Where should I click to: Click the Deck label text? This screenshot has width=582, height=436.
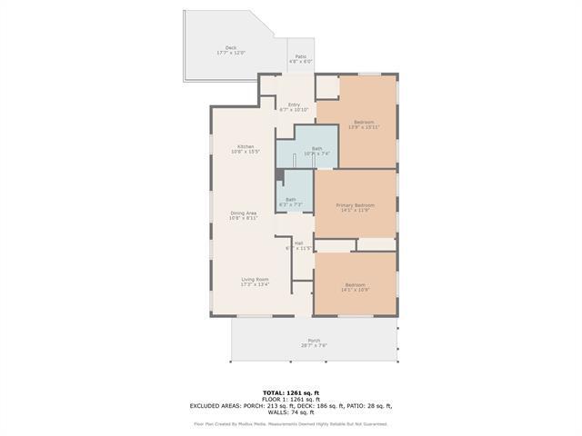pyautogui.click(x=230, y=47)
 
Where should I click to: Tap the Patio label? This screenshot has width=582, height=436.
pyautogui.click(x=300, y=56)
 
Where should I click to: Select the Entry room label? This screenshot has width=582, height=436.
pyautogui.click(x=294, y=104)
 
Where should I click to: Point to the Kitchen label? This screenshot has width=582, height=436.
pyautogui.click(x=246, y=146)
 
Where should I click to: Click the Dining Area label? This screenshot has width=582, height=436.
pyautogui.click(x=243, y=213)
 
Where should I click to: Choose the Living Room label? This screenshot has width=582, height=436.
pyautogui.click(x=255, y=279)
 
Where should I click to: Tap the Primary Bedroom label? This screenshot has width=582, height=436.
pyautogui.click(x=355, y=205)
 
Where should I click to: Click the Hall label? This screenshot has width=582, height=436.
pyautogui.click(x=298, y=243)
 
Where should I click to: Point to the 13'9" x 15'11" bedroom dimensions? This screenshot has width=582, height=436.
pyautogui.click(x=364, y=127)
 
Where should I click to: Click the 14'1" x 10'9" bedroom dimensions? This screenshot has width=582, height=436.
pyautogui.click(x=355, y=290)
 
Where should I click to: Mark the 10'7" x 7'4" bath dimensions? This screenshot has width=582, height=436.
pyautogui.click(x=316, y=154)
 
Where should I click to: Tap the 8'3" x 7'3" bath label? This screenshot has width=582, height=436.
pyautogui.click(x=290, y=200)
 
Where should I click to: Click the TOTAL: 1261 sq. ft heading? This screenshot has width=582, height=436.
pyautogui.click(x=290, y=392)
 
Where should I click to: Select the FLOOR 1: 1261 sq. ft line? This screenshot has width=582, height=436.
pyautogui.click(x=290, y=400)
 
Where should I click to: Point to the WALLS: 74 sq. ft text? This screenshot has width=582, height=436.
pyautogui.click(x=290, y=412)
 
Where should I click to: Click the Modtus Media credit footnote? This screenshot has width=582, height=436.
pyautogui.click(x=290, y=423)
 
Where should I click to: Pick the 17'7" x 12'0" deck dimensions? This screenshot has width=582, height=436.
pyautogui.click(x=230, y=53)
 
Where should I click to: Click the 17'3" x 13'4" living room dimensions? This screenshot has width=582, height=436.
pyautogui.click(x=255, y=284)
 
